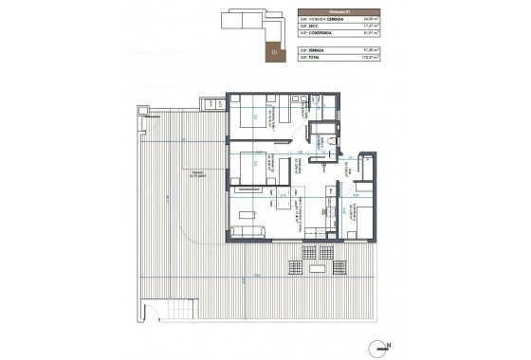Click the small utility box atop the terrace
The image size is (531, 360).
(x=206, y=103)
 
